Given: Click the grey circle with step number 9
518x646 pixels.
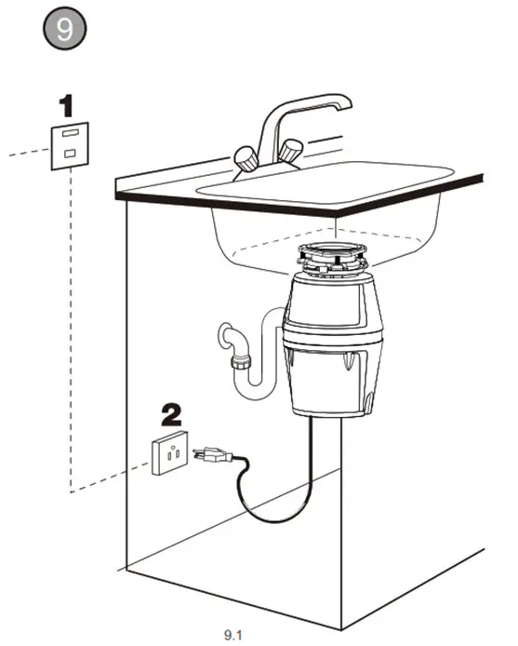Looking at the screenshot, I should [64, 28].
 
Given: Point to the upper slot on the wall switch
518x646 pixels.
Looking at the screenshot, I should [70, 134].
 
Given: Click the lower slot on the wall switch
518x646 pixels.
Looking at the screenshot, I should [70, 154].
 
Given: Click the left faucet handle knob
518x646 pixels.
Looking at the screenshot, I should [246, 157].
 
